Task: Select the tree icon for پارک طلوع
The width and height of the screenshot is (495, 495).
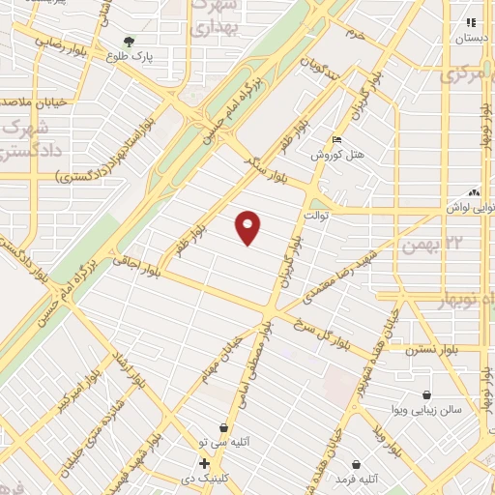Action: pyautogui.click(x=129, y=41)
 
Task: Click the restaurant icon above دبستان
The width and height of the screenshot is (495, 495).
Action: pyautogui.click(x=471, y=22)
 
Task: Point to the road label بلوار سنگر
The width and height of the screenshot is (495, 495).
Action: pyautogui.click(x=263, y=164)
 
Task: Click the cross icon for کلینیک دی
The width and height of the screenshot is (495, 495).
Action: pyautogui.click(x=204, y=463)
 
